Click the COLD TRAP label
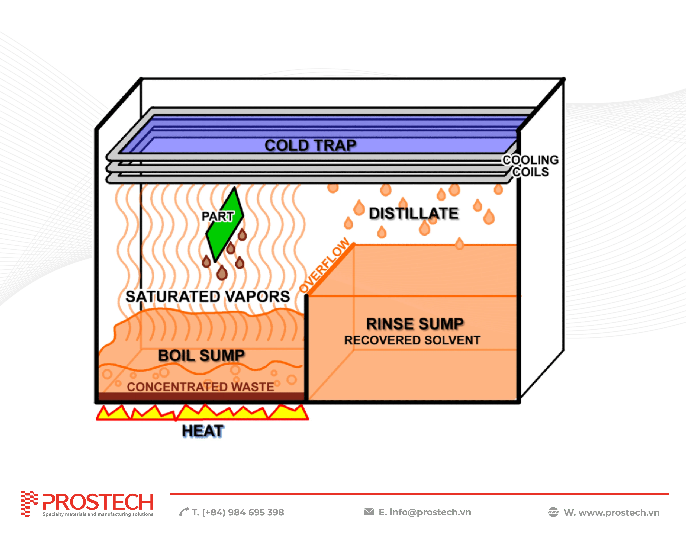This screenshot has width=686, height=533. pos(310,146)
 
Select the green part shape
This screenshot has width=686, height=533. pos(225,225)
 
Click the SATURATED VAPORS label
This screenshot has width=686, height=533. pos(208,296)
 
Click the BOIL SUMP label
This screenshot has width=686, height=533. pos(201,355)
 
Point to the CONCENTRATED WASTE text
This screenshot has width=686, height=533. pos(200,387)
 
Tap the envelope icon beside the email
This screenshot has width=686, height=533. pos(369,512)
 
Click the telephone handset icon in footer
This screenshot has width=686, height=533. pos(184,512)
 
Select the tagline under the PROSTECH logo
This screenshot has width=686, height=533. pos(98,514)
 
